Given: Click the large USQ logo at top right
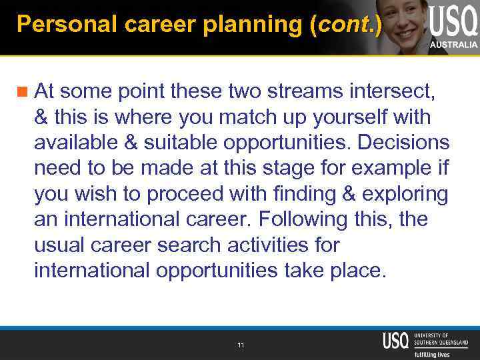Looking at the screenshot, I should click(453, 21).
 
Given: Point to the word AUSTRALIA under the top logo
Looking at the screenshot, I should click(453, 45).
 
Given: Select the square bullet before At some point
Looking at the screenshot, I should click(24, 89).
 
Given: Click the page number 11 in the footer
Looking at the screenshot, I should click(240, 345).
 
